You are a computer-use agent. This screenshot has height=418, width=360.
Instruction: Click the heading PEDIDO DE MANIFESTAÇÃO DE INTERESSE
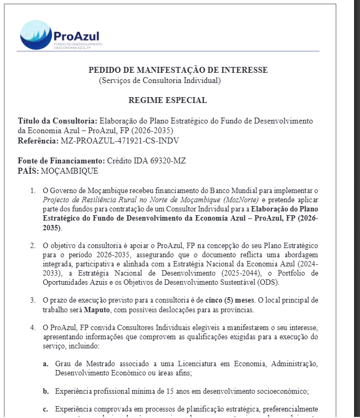coord(178,70)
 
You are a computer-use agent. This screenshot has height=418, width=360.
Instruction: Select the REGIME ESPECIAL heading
coord(167,100)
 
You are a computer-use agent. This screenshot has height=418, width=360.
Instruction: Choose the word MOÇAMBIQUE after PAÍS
coord(71,171)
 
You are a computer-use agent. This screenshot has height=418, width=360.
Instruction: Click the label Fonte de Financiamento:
coord(61,161)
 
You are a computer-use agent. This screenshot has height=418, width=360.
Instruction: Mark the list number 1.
coord(32,190)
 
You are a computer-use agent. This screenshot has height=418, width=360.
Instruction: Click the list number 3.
coord(32,300)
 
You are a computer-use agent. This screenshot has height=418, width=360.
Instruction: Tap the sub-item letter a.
coord(45,364)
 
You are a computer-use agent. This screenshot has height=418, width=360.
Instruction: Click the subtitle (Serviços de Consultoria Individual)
coord(160,80)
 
